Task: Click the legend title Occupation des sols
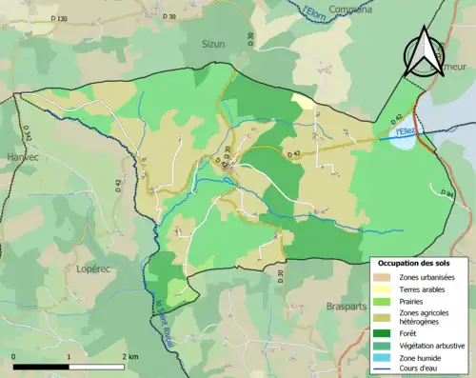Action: tap(420, 263)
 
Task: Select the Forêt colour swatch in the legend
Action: tap(386, 333)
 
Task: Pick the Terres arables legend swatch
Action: tap(386, 288)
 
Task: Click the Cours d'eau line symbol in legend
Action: tap(386, 370)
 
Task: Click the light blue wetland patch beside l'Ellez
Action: tap(403, 144)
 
